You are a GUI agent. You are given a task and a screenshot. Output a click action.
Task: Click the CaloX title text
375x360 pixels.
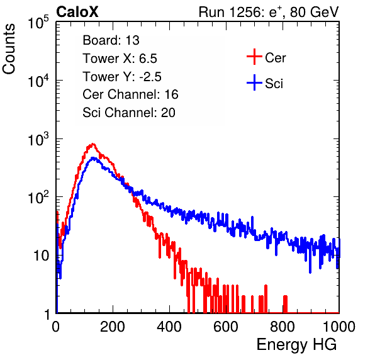coord(77,12)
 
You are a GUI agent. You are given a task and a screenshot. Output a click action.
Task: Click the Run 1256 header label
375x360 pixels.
coord(269,12)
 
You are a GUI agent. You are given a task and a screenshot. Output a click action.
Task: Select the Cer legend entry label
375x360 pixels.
coord(276,58)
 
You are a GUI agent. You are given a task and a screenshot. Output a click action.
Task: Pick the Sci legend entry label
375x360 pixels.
coord(274,84)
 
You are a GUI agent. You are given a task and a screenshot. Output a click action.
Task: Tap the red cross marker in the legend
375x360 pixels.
coord(254,57)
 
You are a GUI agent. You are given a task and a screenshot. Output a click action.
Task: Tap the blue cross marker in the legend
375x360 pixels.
coord(254,82)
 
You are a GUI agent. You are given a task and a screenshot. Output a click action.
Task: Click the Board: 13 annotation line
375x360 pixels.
coord(111,40)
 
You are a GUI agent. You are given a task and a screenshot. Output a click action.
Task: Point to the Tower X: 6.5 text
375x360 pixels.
coord(120,59)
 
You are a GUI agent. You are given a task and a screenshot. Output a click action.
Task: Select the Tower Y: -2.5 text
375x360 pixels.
coord(122,77)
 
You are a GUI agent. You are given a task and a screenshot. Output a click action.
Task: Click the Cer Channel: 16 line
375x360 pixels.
coord(130,94)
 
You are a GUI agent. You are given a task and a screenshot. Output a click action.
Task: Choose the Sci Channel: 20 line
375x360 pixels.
coord(129,113)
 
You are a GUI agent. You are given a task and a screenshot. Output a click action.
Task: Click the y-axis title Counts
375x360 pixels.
coord(9,49)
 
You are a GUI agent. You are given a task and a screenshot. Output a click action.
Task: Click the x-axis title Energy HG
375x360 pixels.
coord(296,345)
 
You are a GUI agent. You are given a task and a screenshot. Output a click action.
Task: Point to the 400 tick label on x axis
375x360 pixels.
coord(169,327)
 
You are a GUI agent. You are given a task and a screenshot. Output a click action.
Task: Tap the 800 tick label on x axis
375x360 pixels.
coord(283,327)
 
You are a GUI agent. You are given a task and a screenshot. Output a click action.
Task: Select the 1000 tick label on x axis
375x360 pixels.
coord(339,327)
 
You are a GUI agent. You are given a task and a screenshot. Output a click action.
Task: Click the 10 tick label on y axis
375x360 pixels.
coord(41,256)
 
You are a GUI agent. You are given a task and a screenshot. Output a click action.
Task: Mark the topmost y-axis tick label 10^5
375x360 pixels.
coord(38,23)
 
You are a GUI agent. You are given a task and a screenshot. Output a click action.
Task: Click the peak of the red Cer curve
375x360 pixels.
coord(93,144)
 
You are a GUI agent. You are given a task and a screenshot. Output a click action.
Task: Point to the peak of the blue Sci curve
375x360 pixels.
coord(93,158)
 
